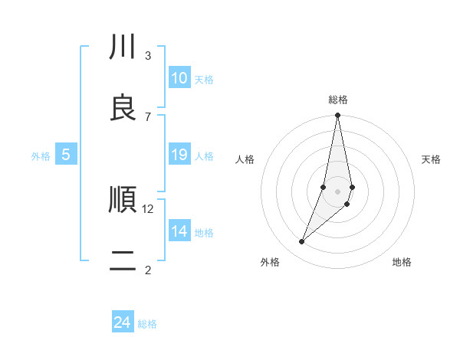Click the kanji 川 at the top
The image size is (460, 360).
123,47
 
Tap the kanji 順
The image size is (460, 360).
123,201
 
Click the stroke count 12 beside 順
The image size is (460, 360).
148,209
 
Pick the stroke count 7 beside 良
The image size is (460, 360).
148,116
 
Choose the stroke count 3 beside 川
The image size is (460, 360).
148,56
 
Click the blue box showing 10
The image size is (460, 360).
179,78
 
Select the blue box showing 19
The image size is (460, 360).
179,155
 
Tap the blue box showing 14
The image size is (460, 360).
179,231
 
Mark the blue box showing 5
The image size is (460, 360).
66,155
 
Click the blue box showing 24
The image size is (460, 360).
122,323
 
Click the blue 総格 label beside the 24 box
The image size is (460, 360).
148,324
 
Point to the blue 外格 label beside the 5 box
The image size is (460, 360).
41,156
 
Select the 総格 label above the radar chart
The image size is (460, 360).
338,100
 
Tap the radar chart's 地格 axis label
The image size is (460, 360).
402,262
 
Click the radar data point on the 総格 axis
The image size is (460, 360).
337,116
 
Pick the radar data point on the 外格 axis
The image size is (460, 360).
301,241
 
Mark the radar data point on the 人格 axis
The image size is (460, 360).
324,187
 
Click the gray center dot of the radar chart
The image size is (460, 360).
337,191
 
